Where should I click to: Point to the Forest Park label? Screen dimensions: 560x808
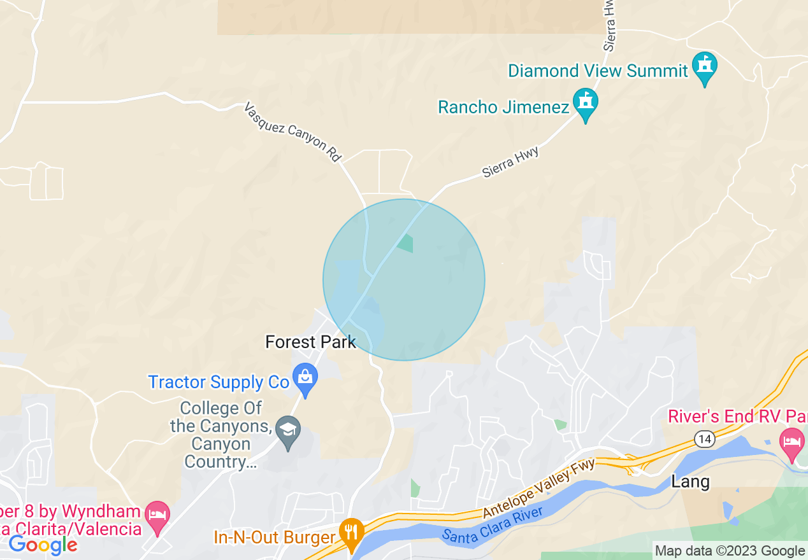click(x=310, y=342)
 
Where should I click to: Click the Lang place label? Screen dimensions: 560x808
click(x=690, y=482)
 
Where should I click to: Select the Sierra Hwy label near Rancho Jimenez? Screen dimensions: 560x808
click(x=510, y=162)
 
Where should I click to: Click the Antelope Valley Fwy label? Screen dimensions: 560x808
click(x=540, y=488)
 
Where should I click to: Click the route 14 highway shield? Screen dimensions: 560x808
click(x=704, y=439)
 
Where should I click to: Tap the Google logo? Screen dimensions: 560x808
click(x=43, y=545)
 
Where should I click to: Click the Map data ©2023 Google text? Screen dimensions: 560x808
click(x=730, y=551)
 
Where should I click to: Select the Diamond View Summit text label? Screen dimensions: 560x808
click(x=598, y=71)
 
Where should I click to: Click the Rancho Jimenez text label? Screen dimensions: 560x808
click(x=503, y=107)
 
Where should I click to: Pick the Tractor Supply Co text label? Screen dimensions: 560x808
click(x=219, y=382)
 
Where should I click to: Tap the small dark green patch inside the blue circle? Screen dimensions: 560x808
click(x=405, y=242)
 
